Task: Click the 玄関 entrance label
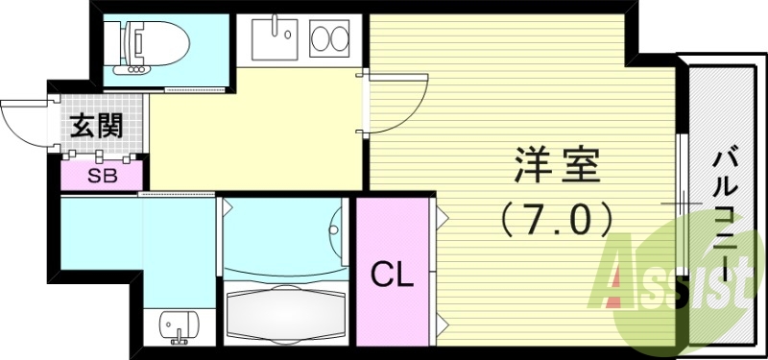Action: [96, 126]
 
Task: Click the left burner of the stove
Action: [321, 41]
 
